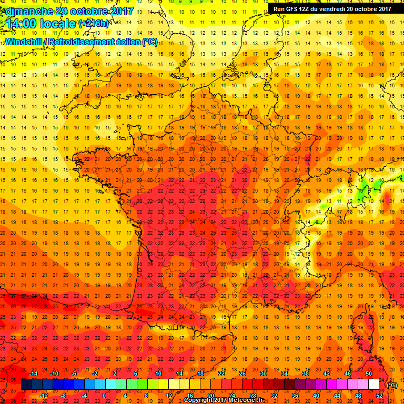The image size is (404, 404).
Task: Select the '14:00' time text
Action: click(23, 24)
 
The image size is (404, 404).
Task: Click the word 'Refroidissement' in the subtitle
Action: click(89, 42)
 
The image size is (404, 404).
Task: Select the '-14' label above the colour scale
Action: click(35, 373)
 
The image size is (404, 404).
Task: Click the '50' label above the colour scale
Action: click(369, 373)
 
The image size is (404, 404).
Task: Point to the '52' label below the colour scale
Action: click(379, 396)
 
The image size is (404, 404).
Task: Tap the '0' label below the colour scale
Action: click(104, 396)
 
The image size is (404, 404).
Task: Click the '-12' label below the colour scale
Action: click(44, 396)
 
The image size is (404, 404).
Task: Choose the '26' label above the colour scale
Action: click(243, 373)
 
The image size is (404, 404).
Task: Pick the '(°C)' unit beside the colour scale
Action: click(391, 385)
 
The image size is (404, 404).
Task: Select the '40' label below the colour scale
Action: click(316, 396)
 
